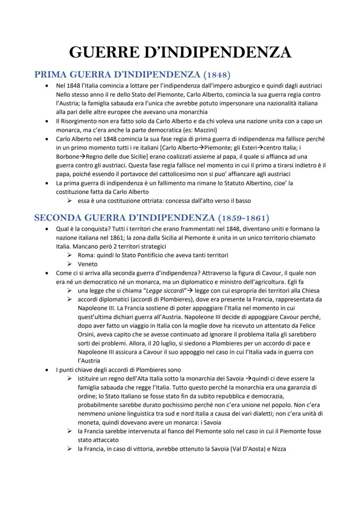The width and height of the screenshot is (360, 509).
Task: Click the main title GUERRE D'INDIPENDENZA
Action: click(180, 53)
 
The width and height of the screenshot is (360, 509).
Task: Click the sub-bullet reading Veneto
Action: click(87, 264)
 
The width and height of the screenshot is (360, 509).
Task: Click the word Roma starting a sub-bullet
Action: click(86, 255)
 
